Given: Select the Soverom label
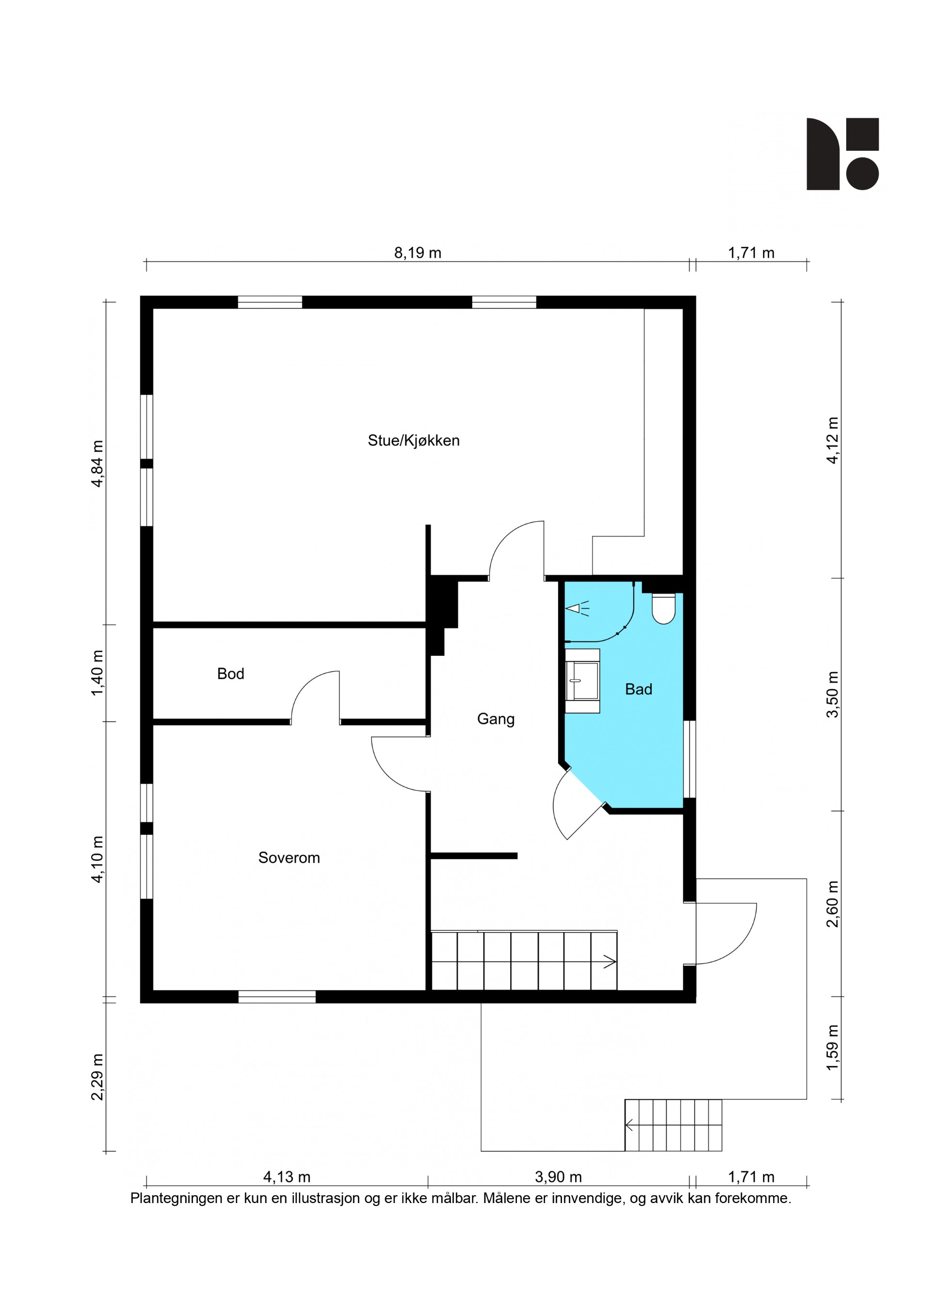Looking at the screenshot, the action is [x=289, y=857].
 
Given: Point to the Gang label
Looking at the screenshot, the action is [x=496, y=719].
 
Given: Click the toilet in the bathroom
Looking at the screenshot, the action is [x=663, y=609].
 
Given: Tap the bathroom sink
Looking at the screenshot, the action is [x=582, y=681].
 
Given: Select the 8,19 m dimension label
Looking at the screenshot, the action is [x=417, y=253].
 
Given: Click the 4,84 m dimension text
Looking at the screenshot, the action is [x=97, y=464].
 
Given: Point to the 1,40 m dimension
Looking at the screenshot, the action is [x=97, y=673].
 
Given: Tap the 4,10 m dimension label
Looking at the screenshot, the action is [x=97, y=859].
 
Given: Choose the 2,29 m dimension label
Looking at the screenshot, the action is [x=97, y=1077].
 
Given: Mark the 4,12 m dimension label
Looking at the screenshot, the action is [x=833, y=440].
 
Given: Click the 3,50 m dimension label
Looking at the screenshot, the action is [x=833, y=694].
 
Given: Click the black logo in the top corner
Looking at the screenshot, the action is [x=843, y=154].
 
